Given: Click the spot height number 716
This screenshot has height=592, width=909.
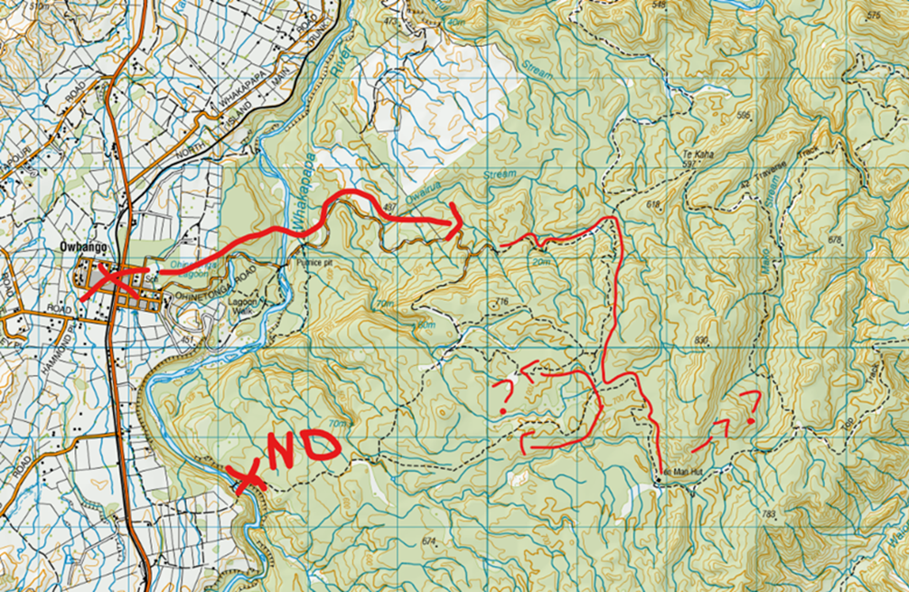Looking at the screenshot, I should pos(503,301).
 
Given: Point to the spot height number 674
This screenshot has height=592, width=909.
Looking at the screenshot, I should pos(428,541).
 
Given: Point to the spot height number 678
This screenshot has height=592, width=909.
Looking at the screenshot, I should pos(834,240).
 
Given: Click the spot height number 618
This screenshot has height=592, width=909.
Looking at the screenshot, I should pos(654,205).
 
